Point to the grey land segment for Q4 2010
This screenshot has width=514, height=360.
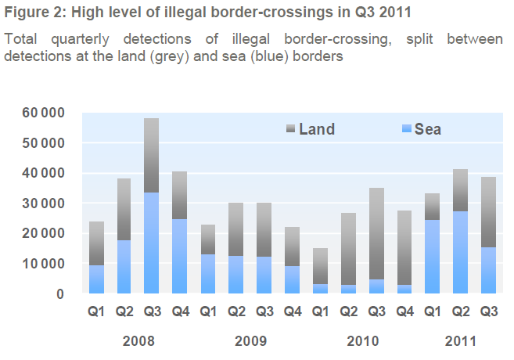point(405,247)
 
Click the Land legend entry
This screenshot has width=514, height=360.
point(311,129)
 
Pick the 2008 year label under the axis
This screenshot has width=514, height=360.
point(138,341)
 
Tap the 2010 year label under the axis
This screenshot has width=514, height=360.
point(363,341)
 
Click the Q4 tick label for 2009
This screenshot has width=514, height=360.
point(293,311)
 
